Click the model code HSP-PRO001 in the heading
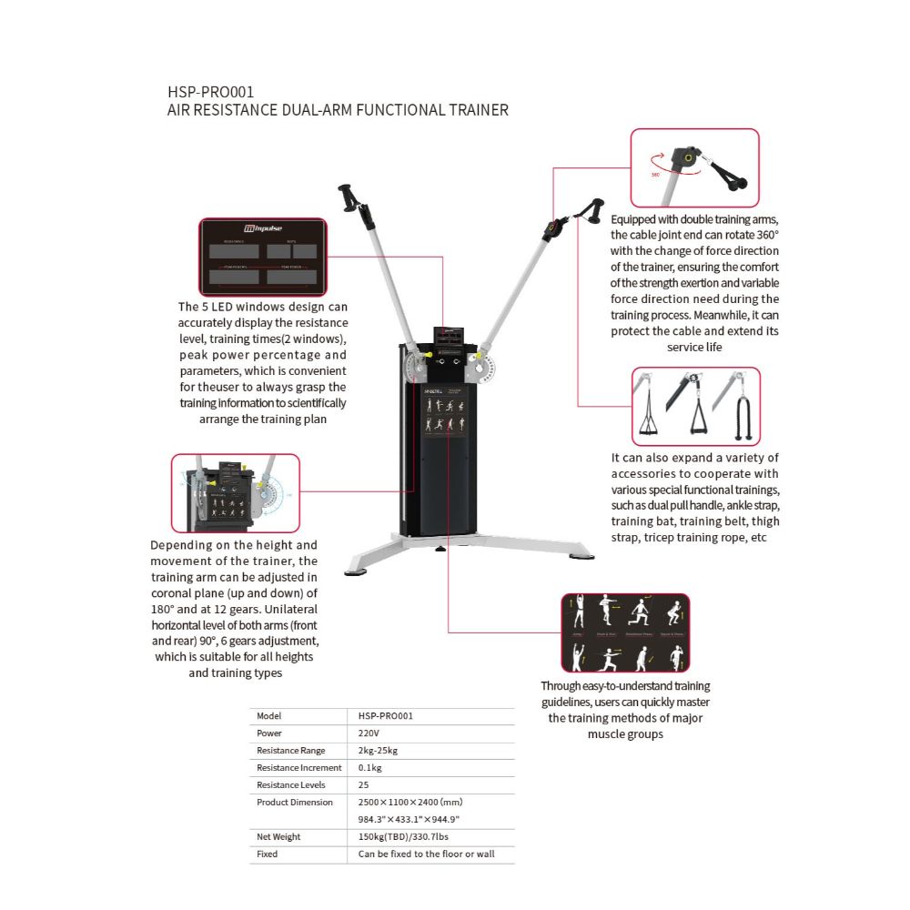pos(210,92)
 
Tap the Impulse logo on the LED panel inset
pos(263,230)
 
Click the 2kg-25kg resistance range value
pos(378,751)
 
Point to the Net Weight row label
pos(278,837)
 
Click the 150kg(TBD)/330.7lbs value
pos(403,837)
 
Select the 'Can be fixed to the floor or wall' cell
pos(426,854)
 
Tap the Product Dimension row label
pos(295,803)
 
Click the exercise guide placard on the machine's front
pos(444,419)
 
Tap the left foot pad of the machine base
pos(353,571)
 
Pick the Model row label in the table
pos(268,716)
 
